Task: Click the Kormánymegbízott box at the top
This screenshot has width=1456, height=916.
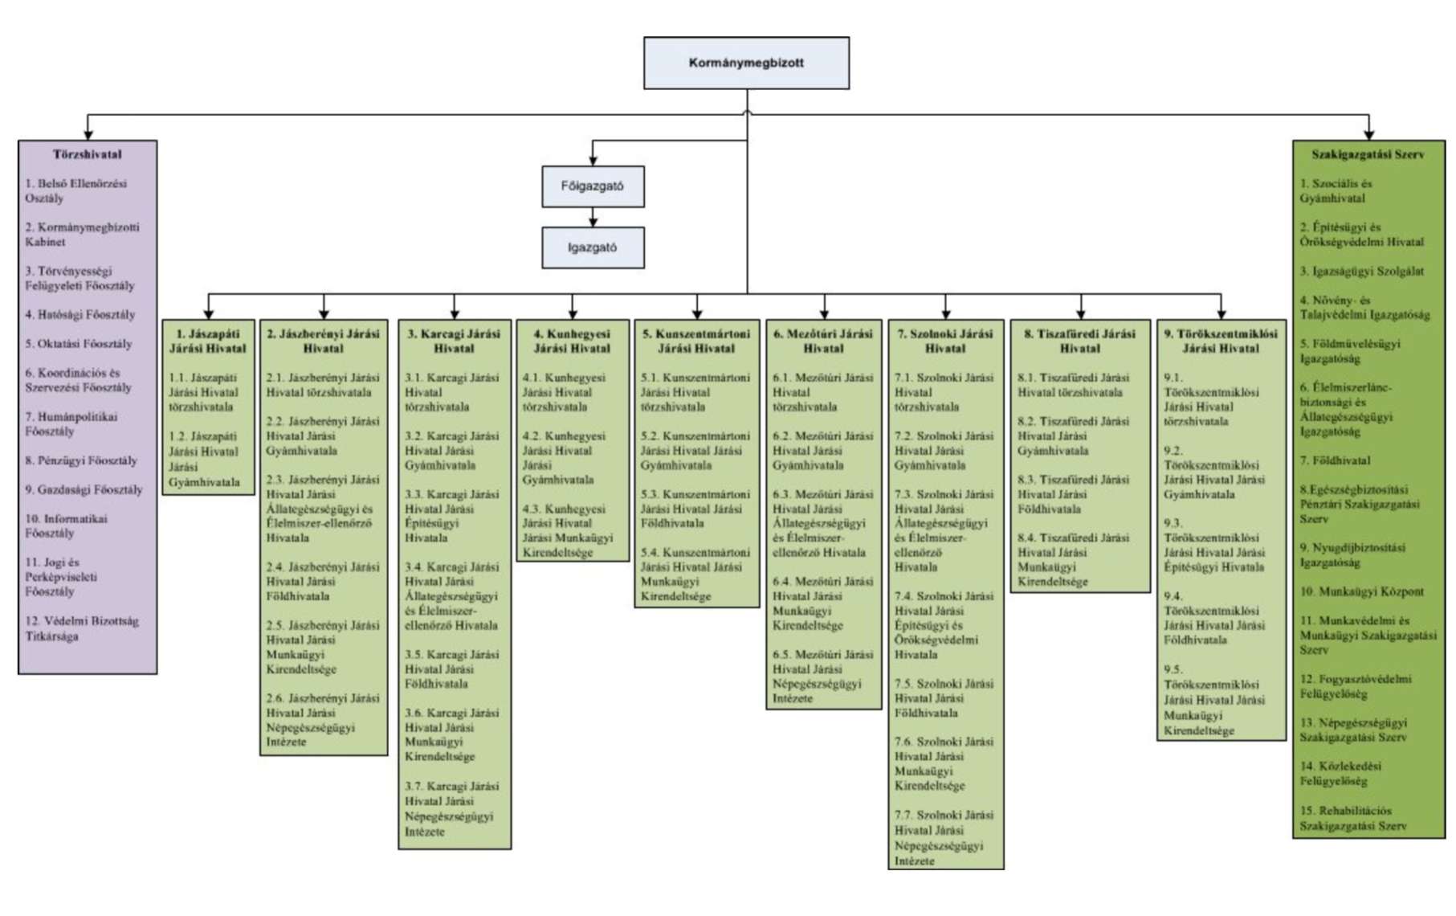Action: (x=746, y=63)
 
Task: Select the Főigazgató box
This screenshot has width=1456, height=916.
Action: (x=593, y=186)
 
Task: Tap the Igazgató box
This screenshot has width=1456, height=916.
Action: (x=593, y=247)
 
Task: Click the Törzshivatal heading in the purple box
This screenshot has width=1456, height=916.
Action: (x=88, y=154)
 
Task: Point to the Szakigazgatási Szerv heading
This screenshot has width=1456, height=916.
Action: (x=1368, y=154)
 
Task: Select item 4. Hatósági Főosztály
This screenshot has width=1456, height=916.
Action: (x=80, y=315)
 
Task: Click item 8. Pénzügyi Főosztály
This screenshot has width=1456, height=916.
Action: (x=81, y=461)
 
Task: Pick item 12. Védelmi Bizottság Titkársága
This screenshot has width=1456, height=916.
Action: (x=81, y=628)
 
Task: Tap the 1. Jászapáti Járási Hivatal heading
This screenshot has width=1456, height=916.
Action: (x=208, y=341)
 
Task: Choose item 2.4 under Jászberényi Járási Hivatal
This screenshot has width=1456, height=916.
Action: (x=322, y=582)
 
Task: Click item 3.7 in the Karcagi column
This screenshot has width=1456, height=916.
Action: (x=451, y=808)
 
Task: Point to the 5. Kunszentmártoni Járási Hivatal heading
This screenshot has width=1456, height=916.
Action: (x=696, y=341)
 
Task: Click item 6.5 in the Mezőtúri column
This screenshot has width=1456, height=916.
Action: (x=822, y=677)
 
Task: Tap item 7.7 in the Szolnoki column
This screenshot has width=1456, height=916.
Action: (x=944, y=837)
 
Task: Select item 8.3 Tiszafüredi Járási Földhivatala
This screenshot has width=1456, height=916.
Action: (x=1073, y=494)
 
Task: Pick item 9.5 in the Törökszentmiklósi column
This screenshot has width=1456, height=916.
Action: (x=1214, y=700)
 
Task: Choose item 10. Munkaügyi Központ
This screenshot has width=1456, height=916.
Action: (x=1362, y=592)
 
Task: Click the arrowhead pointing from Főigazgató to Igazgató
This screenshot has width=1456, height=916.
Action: (x=593, y=221)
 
